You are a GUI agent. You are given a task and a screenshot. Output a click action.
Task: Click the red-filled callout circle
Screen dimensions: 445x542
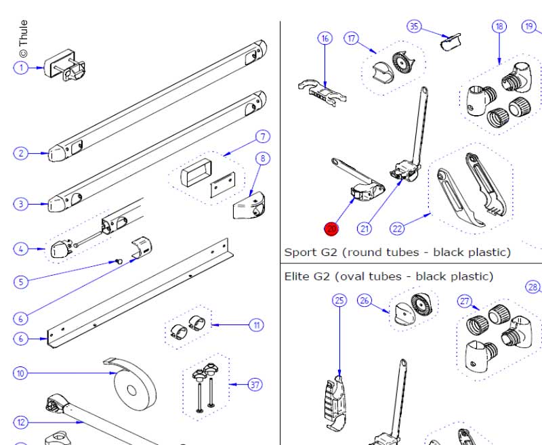pyautogui.click(x=331, y=229)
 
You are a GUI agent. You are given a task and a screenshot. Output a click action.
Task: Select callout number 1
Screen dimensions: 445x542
pyautogui.click(x=22, y=67)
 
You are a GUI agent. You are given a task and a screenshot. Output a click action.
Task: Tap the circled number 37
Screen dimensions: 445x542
pyautogui.click(x=255, y=385)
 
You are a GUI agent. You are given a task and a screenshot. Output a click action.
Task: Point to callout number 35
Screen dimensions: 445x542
pyautogui.click(x=414, y=26)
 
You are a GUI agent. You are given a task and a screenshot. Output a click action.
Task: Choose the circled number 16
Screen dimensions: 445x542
pyautogui.click(x=325, y=38)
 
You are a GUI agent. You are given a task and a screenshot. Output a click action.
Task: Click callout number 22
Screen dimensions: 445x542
pyautogui.click(x=397, y=229)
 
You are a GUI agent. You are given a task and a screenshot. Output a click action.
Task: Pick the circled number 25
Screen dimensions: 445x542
pyautogui.click(x=339, y=300)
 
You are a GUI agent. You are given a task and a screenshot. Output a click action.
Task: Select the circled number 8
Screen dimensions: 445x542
pyautogui.click(x=262, y=158)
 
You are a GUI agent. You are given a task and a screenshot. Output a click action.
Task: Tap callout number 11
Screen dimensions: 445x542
pyautogui.click(x=257, y=325)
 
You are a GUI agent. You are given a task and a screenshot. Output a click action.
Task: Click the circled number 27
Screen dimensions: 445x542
pyautogui.click(x=465, y=300)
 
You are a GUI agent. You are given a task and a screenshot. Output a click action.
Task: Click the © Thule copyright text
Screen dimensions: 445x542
pyautogui.click(x=24, y=39)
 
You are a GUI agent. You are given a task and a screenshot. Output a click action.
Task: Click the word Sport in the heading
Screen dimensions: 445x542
pyautogui.click(x=299, y=253)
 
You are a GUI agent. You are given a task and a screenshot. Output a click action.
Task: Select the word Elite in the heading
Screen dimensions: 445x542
pyautogui.click(x=297, y=276)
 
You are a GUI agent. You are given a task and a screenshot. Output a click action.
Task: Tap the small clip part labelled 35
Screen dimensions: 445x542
pyautogui.click(x=449, y=43)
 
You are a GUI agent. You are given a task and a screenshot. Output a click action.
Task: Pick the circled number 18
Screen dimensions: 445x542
pyautogui.click(x=499, y=26)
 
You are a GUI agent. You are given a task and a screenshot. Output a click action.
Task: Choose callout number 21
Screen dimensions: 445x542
pyautogui.click(x=365, y=229)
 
